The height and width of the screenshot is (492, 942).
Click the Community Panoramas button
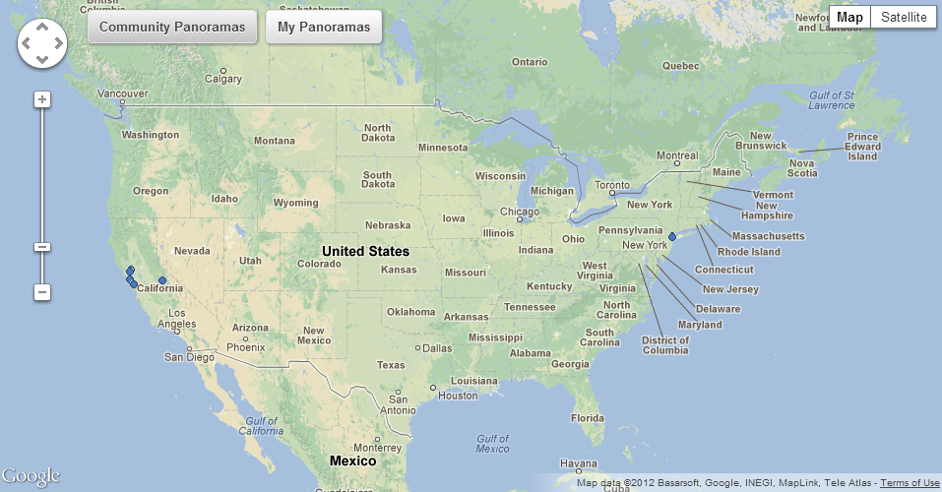tap(172, 27)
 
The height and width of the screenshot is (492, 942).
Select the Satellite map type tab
tap(903, 18)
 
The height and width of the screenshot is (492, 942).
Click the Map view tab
tap(849, 18)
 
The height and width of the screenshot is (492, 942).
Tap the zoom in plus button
tap(42, 99)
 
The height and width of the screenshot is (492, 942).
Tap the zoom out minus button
tap(42, 292)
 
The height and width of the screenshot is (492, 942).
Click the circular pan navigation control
tap(42, 44)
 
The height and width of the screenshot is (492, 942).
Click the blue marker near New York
tap(672, 236)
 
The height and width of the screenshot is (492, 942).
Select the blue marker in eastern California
tap(162, 280)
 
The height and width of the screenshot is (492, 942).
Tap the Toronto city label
tap(611, 185)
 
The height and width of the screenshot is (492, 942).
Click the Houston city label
tap(457, 396)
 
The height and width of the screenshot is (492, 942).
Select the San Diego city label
tap(188, 357)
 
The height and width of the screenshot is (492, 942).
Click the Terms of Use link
tap(910, 483)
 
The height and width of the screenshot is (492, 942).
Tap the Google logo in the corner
tap(31, 476)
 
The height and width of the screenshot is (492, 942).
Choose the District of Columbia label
tap(665, 345)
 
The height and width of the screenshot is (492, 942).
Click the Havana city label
tap(578, 463)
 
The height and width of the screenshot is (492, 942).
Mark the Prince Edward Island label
tap(862, 147)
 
